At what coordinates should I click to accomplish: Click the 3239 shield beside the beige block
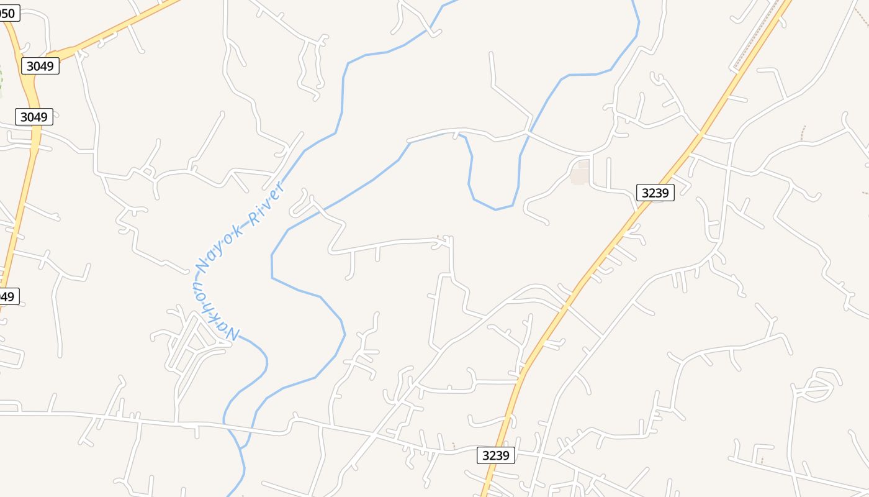click(655, 193)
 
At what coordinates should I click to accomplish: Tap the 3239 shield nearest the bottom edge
click(495, 455)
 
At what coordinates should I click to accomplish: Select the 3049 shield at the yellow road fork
click(40, 66)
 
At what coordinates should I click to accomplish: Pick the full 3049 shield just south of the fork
click(34, 117)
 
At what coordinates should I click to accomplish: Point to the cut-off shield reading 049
click(9, 296)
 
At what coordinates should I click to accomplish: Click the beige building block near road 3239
click(579, 175)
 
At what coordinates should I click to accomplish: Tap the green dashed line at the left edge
click(1, 81)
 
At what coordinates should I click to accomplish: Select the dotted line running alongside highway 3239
click(754, 37)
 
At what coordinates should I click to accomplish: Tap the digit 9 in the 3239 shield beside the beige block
click(665, 193)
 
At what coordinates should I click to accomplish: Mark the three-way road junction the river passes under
click(528, 132)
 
